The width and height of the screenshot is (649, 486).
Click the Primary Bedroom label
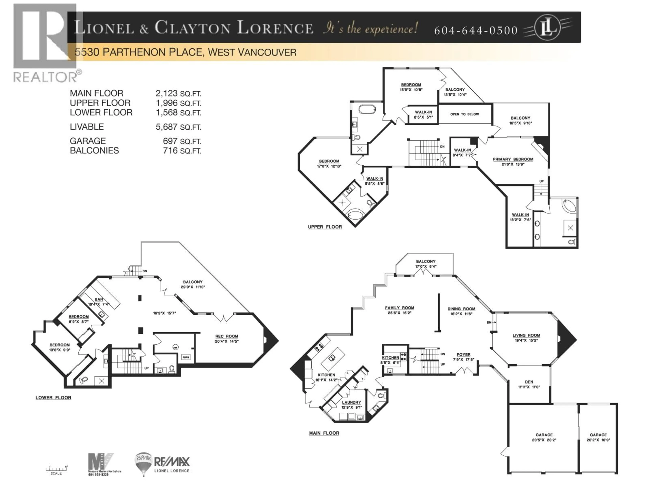(x=513, y=159)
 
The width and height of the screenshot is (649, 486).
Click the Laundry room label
(x=351, y=402)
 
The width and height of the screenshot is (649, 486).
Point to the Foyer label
(x=463, y=355)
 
